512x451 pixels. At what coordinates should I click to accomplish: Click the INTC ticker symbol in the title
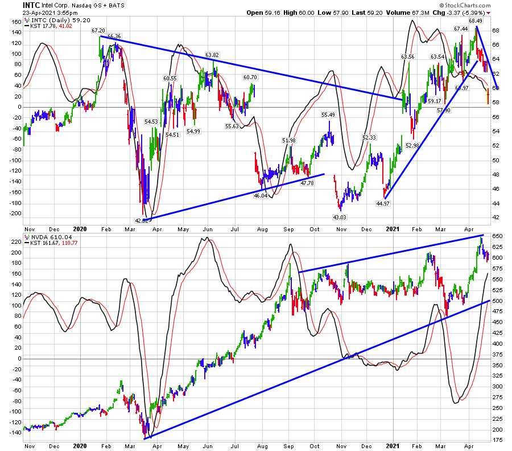coord(14,5)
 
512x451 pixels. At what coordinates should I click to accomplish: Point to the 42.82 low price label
coord(142,220)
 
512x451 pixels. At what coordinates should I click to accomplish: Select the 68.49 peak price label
coord(476,20)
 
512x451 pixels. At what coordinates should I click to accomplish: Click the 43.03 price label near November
coord(340,216)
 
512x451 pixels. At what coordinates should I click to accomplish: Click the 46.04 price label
coord(261,195)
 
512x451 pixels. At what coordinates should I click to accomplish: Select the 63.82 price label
coord(212,55)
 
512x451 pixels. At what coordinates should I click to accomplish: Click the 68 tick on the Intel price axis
coord(496,30)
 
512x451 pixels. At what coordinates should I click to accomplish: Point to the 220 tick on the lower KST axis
coord(15,241)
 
